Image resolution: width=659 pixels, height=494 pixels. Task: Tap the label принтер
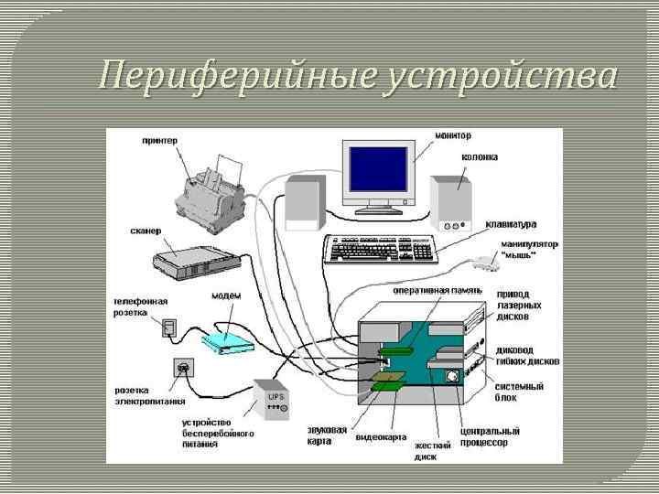[x=159, y=140]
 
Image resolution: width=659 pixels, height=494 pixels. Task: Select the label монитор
[x=453, y=136]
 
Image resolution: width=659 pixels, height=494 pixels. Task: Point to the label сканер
[x=145, y=231]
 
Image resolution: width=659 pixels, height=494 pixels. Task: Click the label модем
[x=226, y=295]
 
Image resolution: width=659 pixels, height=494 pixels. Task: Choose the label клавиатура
[x=511, y=224]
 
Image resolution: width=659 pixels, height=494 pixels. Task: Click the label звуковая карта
[x=326, y=435]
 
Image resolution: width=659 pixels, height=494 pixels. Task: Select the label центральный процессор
[x=489, y=436]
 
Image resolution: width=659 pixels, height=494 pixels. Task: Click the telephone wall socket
[x=169, y=327]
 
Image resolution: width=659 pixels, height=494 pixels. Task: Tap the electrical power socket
[x=183, y=368]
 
